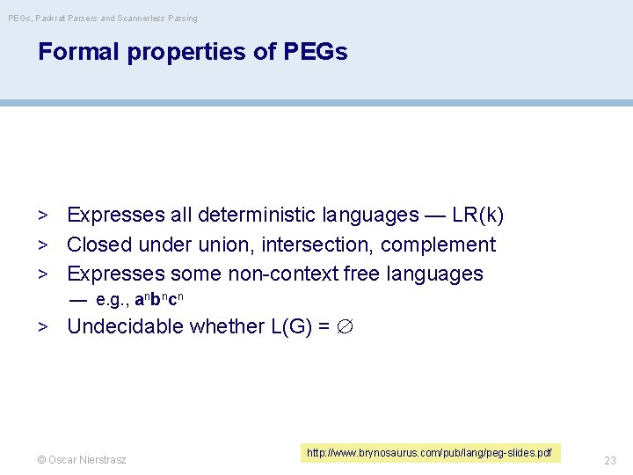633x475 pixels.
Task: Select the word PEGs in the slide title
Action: point(316,52)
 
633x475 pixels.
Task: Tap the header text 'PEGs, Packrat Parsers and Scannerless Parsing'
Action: point(103,18)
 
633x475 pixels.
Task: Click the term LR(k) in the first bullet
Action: point(477,215)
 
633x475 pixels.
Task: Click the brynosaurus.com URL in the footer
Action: point(429,453)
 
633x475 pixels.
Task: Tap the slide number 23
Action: point(610,460)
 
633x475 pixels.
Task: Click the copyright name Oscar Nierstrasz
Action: point(87,460)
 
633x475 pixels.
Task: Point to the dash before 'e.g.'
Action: point(77,299)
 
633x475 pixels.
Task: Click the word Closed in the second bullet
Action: point(97,245)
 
